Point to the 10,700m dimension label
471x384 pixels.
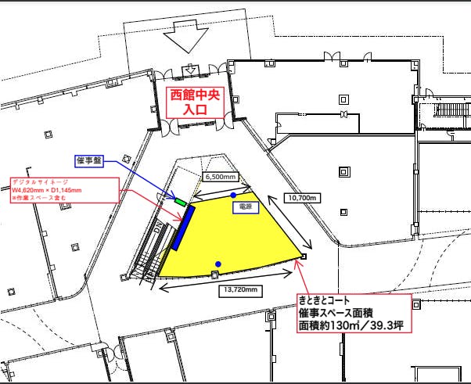click(300, 198)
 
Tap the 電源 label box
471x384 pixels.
click(246, 208)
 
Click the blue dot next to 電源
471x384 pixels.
click(233, 194)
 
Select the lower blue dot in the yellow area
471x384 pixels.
click(218, 264)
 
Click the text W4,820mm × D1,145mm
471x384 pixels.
click(47, 190)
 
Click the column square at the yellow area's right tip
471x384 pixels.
click(304, 256)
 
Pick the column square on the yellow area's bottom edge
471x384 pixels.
click(215, 275)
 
